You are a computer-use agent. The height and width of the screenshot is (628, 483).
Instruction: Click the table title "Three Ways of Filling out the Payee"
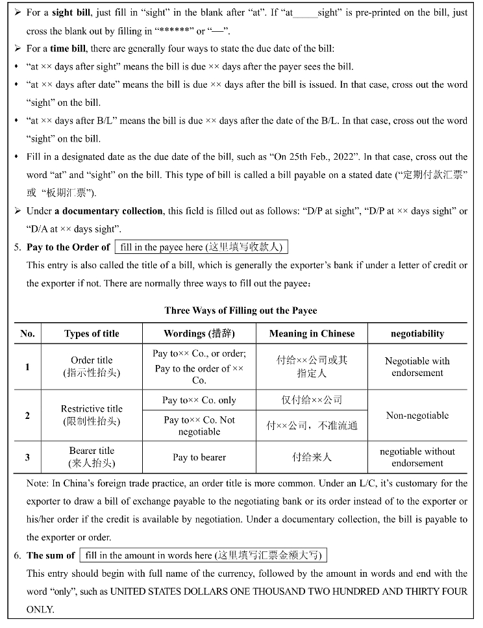(241, 310)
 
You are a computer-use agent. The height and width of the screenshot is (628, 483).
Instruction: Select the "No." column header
(27, 334)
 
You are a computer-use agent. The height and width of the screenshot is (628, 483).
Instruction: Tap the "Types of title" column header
(92, 334)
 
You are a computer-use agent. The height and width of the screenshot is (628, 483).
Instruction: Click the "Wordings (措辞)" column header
(199, 334)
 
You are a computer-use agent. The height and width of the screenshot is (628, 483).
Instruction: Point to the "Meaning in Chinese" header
(312, 334)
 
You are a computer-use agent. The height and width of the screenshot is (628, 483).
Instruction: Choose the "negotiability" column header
(417, 334)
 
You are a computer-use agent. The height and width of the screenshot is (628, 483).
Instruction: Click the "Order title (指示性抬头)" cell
(92, 366)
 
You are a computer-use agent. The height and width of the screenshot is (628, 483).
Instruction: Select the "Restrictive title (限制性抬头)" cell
(92, 415)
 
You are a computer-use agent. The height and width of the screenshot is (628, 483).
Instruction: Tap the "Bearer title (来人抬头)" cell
(92, 457)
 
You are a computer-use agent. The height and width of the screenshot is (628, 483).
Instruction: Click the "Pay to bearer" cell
(199, 457)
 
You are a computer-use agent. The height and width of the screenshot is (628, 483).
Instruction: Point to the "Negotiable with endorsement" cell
(417, 367)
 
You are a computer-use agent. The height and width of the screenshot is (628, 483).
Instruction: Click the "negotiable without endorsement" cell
(417, 457)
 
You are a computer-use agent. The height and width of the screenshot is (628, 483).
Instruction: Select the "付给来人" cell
(312, 457)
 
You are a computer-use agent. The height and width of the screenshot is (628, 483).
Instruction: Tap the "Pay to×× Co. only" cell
(199, 400)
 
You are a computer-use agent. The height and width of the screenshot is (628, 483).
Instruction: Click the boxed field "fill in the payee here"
(201, 247)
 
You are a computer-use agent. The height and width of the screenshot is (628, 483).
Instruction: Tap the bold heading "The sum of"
(51, 556)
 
